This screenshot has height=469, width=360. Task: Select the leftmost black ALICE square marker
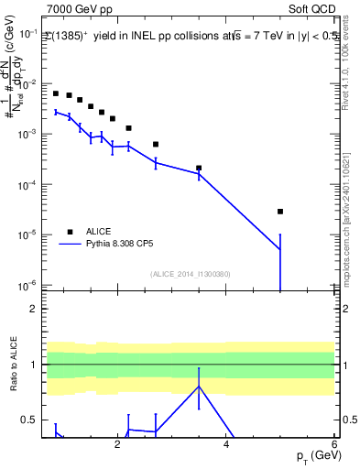(56, 93)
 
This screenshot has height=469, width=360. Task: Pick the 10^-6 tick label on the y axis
(29, 285)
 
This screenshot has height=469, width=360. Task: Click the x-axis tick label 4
(226, 444)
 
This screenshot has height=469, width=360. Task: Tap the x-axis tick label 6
(334, 444)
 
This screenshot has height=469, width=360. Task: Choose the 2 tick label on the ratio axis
(32, 309)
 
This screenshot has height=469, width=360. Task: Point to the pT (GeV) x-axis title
(311, 455)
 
